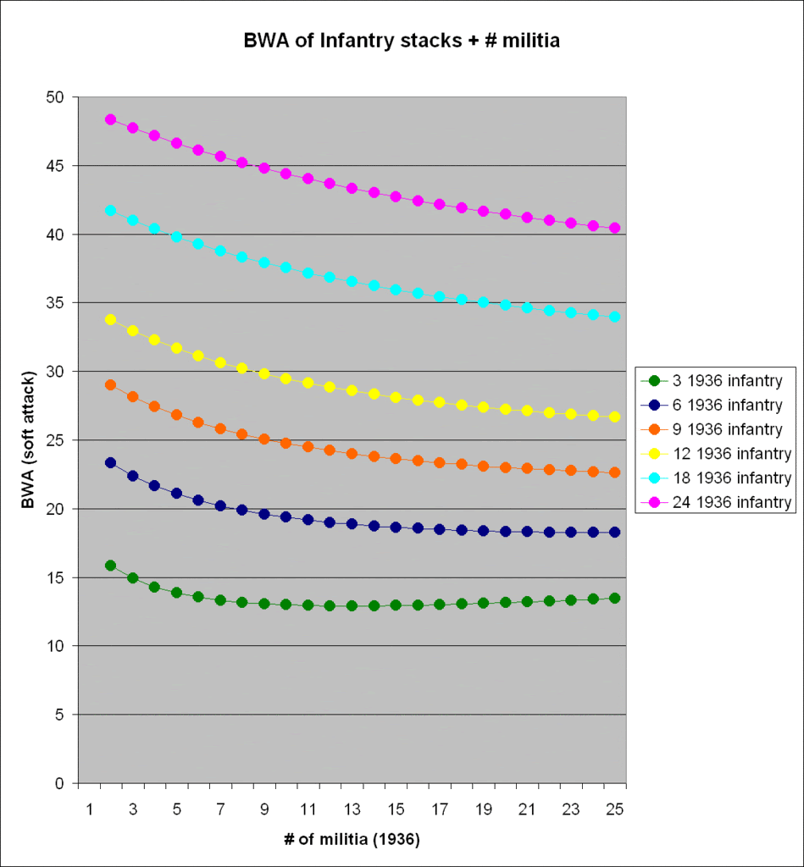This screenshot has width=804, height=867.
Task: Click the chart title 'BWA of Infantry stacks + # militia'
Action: [x=401, y=40]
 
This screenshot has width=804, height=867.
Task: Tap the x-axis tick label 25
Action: [x=615, y=809]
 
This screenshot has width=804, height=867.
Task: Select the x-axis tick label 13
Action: [x=352, y=809]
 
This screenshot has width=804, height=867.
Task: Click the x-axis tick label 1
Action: [x=89, y=809]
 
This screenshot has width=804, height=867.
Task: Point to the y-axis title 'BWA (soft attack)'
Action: [x=30, y=439]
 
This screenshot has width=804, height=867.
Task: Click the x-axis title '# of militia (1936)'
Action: [x=352, y=841]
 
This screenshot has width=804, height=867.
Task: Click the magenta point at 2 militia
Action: [x=111, y=119]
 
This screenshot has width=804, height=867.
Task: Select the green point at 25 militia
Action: [x=614, y=598]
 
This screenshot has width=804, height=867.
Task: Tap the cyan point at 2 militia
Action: [x=111, y=210]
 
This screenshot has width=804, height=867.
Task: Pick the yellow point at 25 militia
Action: [x=614, y=417]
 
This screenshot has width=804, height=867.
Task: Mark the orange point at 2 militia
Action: [x=111, y=384]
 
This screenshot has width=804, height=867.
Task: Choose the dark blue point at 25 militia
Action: [x=614, y=532]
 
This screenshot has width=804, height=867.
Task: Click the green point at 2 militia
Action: [x=111, y=565]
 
